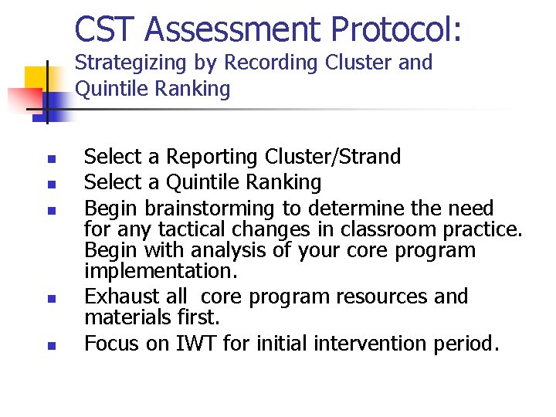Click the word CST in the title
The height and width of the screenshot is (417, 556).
tap(106, 30)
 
